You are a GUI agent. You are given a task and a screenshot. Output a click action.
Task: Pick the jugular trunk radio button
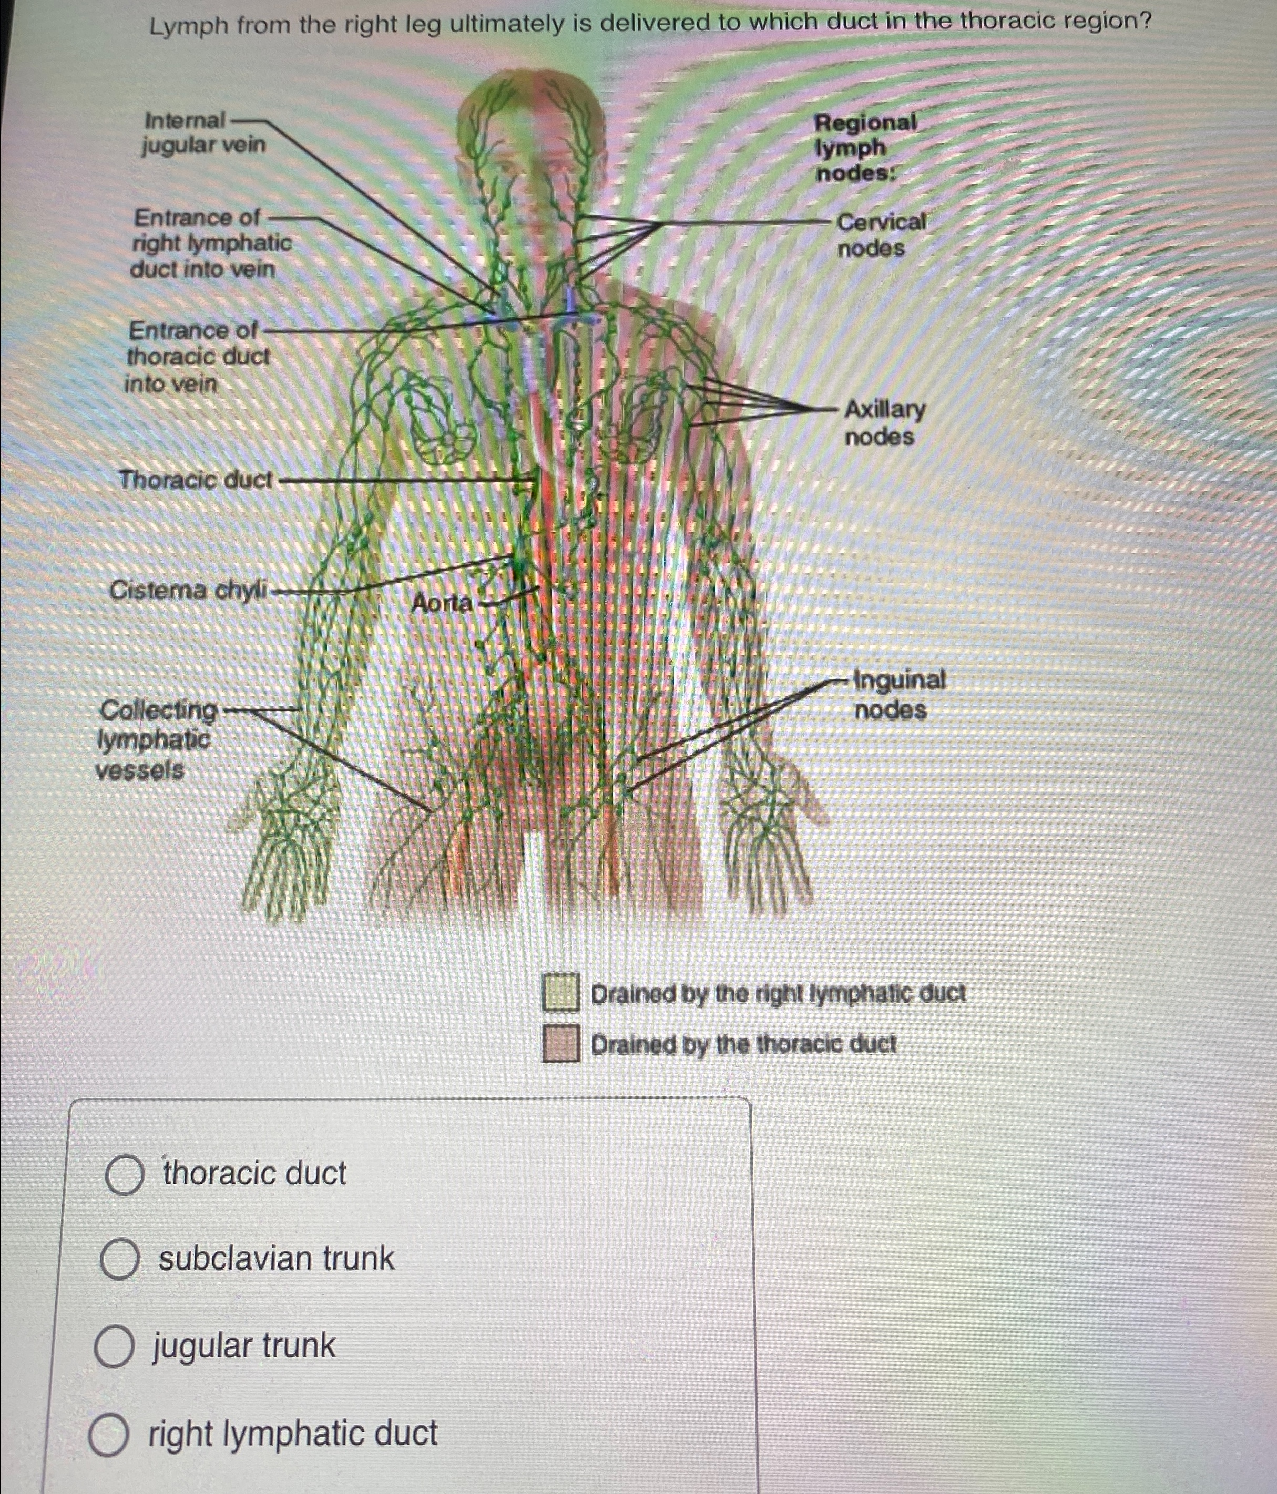(x=115, y=1347)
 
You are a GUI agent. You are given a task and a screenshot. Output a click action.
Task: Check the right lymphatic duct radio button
(x=109, y=1435)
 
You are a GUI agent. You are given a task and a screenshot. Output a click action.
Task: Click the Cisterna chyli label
(x=188, y=590)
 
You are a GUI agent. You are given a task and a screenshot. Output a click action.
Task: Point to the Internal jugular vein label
(x=204, y=132)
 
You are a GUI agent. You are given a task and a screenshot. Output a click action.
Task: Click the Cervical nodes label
(x=881, y=234)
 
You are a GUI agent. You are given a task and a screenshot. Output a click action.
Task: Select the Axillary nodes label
(x=884, y=423)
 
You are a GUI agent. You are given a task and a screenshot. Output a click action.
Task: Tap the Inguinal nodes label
(x=898, y=694)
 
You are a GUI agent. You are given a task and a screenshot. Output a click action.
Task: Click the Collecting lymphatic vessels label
(x=156, y=740)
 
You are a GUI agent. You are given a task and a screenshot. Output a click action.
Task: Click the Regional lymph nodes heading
(x=864, y=148)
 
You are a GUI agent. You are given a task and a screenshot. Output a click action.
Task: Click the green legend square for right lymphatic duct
(x=561, y=992)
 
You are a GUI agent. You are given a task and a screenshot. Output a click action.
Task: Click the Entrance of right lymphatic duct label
(x=211, y=243)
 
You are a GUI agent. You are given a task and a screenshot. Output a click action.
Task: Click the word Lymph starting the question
(x=189, y=27)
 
